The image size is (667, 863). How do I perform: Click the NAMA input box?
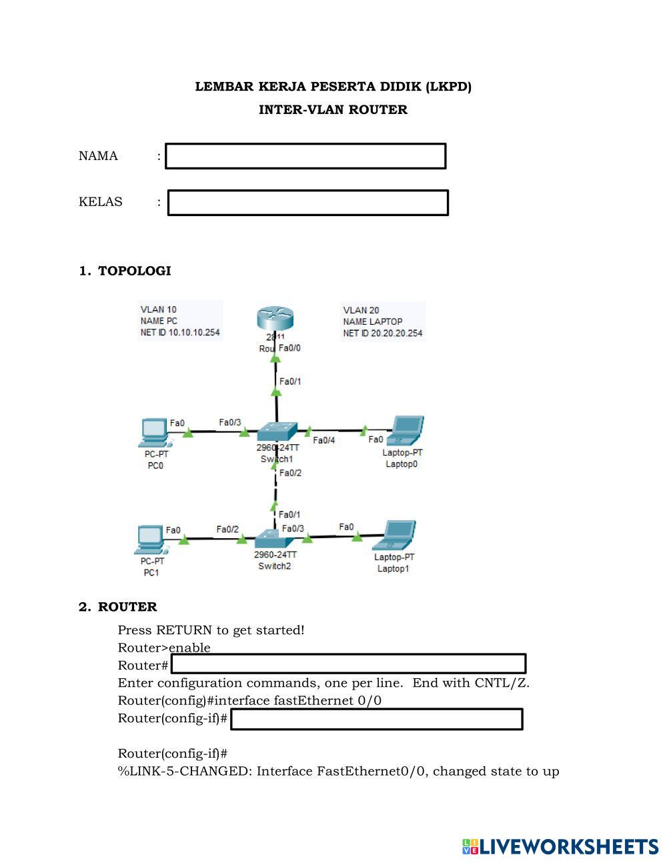305,156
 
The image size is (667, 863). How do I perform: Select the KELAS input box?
307,203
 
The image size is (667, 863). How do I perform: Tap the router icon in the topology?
275,319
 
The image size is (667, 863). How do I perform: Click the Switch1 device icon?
277,432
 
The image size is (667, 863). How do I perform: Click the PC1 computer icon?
151,540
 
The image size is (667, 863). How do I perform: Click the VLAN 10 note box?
180,321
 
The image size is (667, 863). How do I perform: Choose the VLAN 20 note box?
383,321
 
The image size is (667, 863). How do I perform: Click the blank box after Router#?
348,664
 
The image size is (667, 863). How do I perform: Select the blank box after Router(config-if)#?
376,720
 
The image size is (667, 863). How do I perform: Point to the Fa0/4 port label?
323,440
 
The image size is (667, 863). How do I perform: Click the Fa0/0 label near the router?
289,348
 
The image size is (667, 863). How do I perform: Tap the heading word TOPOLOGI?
134,271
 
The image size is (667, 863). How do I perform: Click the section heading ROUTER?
127,607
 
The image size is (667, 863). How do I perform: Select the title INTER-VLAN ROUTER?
333,110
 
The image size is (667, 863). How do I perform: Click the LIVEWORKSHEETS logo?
560,847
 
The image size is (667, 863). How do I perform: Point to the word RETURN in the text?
184,630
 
